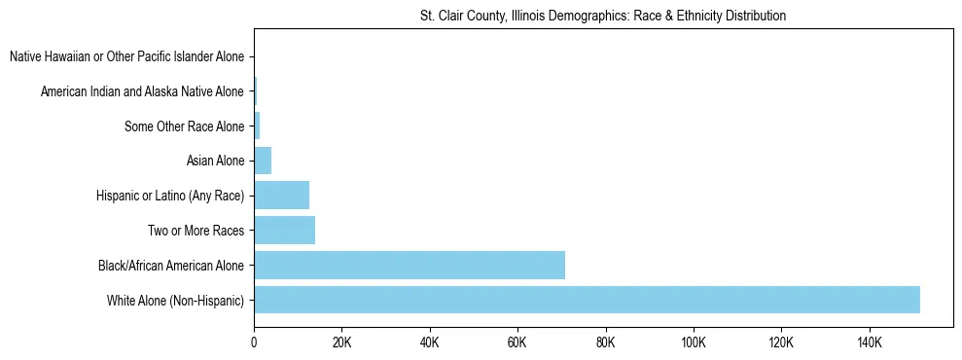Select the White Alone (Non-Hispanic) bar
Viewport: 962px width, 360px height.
[x=587, y=300]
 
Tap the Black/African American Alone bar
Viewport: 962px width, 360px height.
[x=410, y=265]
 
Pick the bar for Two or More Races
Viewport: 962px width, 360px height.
[x=284, y=230]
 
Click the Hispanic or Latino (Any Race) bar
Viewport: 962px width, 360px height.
[x=281, y=195]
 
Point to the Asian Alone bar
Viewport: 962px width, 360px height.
[x=263, y=161]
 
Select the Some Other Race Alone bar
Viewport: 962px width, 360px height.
[x=257, y=126]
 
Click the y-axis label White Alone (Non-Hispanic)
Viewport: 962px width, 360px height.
[x=176, y=301]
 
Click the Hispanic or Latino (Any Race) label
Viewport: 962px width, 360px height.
[x=170, y=196]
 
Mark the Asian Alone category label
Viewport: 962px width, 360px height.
[x=215, y=161]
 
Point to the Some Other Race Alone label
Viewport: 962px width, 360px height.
[x=185, y=126]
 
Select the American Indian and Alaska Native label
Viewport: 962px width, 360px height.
[x=142, y=91]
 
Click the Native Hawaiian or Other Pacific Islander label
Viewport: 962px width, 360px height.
[x=126, y=56]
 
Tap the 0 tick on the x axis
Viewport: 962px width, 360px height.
[x=254, y=342]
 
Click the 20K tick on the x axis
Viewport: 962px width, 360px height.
[x=341, y=342]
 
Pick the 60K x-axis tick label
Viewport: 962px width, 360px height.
[x=517, y=342]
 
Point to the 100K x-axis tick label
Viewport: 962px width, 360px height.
[x=694, y=342]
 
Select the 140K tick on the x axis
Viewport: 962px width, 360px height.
[x=870, y=342]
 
